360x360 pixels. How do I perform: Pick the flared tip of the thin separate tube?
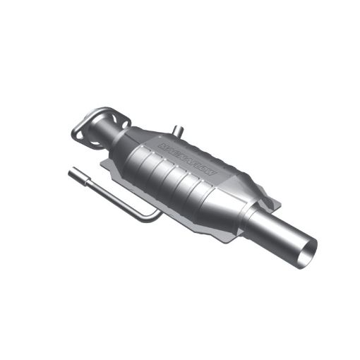point(73,172)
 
